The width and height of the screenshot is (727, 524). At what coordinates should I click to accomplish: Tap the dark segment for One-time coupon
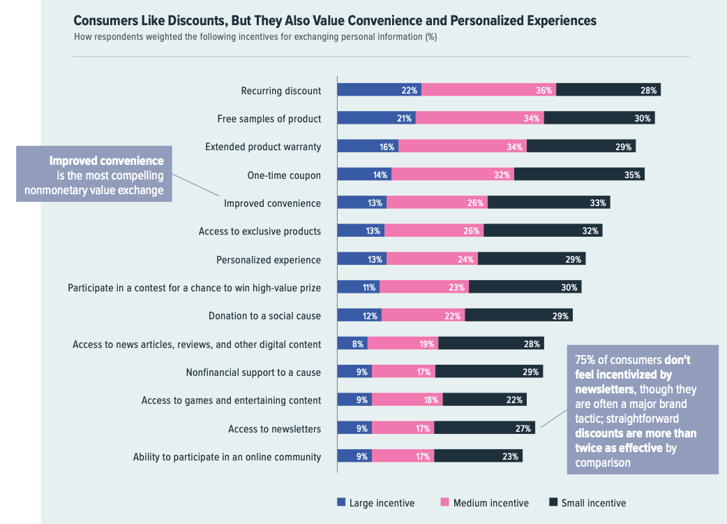pos(579,175)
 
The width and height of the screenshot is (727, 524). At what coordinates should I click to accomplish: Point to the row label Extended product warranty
pos(263,147)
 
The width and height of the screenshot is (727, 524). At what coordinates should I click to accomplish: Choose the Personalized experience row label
pos(269,260)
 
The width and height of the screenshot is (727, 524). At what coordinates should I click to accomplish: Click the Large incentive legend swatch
pos(341,502)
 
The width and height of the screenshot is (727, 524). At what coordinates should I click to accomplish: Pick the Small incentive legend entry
pos(593,503)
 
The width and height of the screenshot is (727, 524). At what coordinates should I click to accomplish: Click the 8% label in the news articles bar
pos(357,344)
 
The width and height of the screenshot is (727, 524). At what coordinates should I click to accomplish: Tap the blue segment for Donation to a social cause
pos(359,316)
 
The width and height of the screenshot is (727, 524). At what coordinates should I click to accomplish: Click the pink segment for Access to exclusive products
pos(433,231)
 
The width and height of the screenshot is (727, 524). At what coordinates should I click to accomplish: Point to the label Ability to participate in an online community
pos(227,457)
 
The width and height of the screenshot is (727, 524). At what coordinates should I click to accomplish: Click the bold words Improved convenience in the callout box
pos(106,161)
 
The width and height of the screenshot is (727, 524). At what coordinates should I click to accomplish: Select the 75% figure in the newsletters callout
pos(585,360)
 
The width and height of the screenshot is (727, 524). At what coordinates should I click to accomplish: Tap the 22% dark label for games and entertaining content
pos(515,400)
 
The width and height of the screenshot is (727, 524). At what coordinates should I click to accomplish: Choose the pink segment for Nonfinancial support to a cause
pos(403,372)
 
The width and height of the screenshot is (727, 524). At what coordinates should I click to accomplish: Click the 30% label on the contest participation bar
pos(569,287)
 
